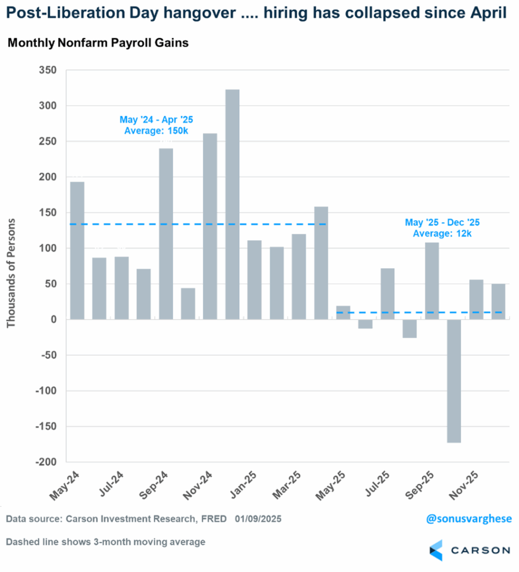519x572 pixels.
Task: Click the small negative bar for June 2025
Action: click(365, 324)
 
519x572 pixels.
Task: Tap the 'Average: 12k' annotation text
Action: click(442, 233)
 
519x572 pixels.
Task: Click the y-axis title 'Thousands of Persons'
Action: click(11, 272)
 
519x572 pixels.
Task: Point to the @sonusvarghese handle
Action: click(468, 519)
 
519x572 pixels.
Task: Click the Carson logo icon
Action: click(436, 550)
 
